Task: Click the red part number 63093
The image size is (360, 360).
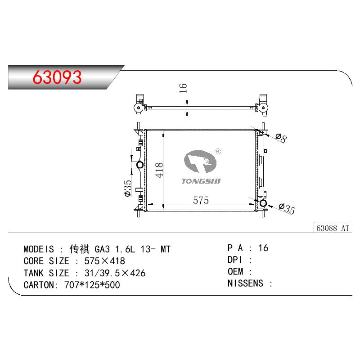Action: point(57,77)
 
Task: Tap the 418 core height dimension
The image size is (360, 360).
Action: point(159,170)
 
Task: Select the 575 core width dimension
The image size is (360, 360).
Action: point(201,200)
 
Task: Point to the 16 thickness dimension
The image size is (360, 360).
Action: point(183,88)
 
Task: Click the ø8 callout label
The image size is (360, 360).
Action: point(281,138)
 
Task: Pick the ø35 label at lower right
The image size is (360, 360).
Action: point(287,208)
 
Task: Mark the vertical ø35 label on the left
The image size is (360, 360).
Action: point(128,188)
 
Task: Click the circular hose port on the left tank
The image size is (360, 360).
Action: point(140,165)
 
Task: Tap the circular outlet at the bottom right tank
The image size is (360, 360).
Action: point(263,203)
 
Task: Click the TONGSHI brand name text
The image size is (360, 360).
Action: point(201,181)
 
